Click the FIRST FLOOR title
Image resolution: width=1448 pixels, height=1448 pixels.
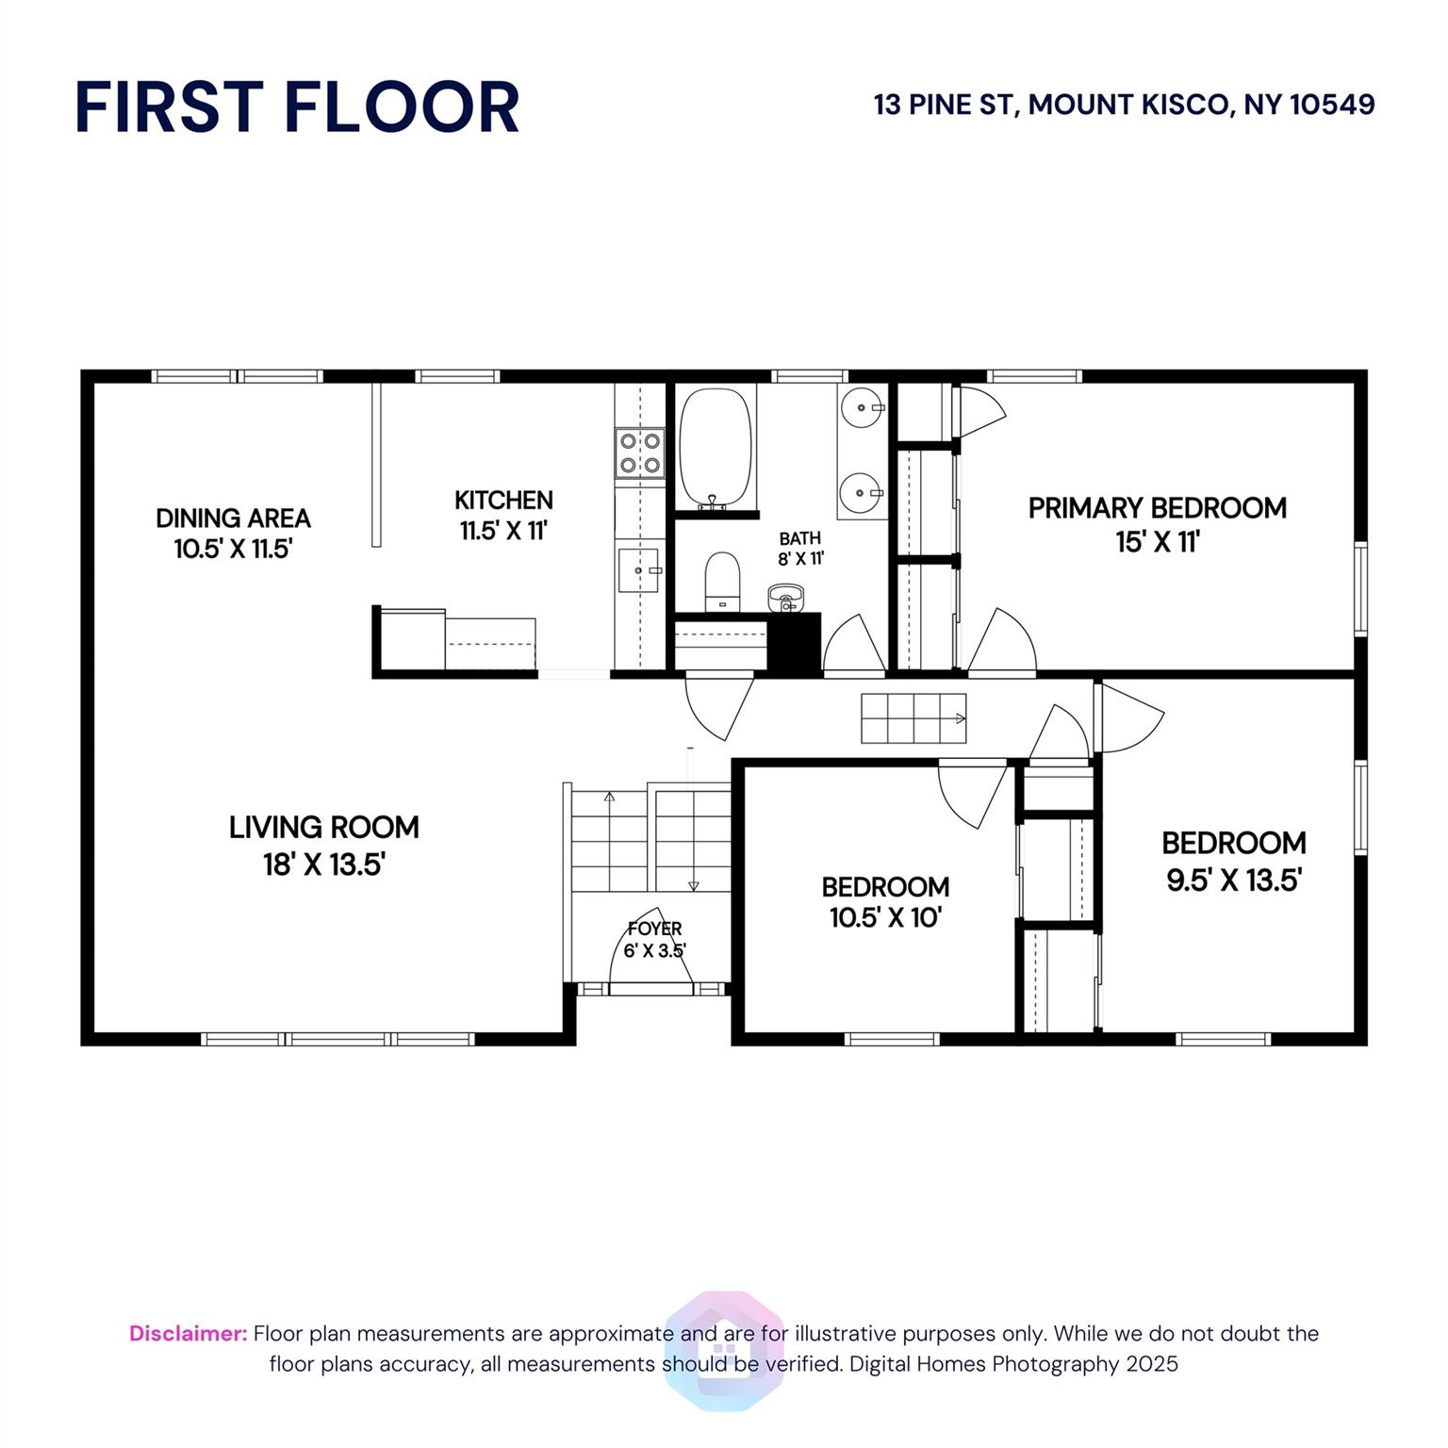[297, 107]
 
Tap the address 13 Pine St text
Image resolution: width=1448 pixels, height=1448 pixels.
[1125, 105]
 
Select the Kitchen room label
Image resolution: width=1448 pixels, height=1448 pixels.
[503, 515]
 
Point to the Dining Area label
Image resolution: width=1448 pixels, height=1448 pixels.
[233, 534]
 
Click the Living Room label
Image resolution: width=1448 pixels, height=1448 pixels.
[324, 846]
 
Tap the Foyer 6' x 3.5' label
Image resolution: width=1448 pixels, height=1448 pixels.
[654, 940]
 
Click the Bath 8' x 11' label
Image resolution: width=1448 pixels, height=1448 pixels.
[800, 549]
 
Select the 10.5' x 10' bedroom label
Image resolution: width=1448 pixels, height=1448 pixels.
[885, 902]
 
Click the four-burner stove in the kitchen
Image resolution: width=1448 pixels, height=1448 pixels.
[639, 452]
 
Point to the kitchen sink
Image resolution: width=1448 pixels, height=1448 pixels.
[638, 570]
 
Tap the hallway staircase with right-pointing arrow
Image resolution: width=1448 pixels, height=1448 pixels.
[913, 718]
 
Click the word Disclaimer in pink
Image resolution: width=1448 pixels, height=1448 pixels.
[189, 1333]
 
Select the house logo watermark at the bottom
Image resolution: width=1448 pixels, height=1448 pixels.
[724, 1350]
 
